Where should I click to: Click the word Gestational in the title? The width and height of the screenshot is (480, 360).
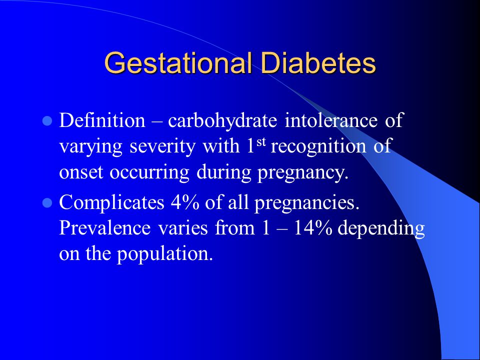pyautogui.click(x=178, y=63)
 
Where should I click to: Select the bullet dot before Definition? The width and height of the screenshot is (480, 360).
pyautogui.click(x=47, y=121)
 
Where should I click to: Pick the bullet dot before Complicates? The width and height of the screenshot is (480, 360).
pyautogui.click(x=47, y=202)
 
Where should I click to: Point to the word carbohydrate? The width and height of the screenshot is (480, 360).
pyautogui.click(x=222, y=120)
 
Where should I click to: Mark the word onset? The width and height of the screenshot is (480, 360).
pyautogui.click(x=81, y=172)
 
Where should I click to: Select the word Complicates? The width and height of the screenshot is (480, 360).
pyautogui.click(x=111, y=202)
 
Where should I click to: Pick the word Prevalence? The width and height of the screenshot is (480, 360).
pyautogui.click(x=104, y=228)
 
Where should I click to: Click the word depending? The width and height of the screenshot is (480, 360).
pyautogui.click(x=381, y=229)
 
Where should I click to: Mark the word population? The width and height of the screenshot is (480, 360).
pyautogui.click(x=165, y=254)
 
